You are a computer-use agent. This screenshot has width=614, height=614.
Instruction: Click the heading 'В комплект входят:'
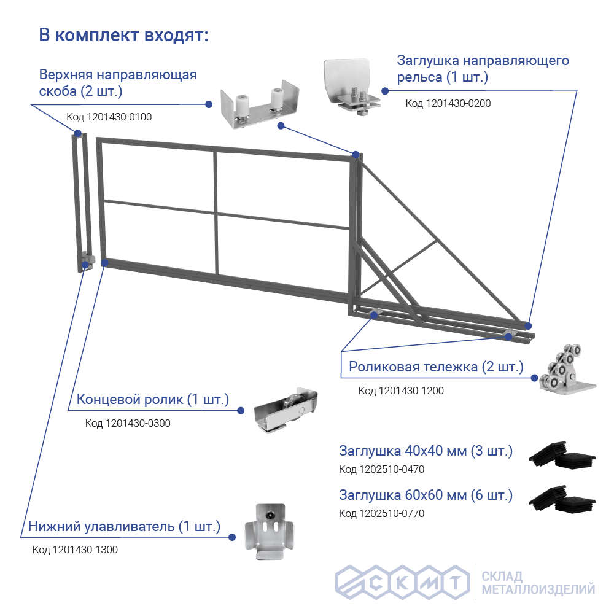[x=123, y=35]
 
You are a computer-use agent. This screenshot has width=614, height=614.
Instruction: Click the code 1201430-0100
[x=108, y=117]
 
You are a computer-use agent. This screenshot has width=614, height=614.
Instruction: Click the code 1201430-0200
[x=448, y=103]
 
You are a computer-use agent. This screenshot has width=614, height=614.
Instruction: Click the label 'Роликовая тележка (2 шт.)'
[x=436, y=367]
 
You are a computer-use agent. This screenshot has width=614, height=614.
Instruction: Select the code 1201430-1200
[x=401, y=391]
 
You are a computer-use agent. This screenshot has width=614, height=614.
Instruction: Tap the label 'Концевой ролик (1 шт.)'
[x=152, y=400]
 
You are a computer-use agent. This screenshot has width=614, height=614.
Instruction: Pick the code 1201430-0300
[x=128, y=423]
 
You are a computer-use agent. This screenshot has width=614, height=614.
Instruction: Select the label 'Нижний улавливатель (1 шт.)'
[x=124, y=526]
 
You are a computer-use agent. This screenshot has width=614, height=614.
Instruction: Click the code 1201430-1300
[x=75, y=550]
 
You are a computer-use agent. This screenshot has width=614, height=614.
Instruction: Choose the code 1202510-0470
[x=381, y=470]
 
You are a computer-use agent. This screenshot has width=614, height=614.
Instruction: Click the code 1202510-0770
[x=381, y=513]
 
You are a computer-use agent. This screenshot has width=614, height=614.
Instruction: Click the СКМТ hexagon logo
[x=402, y=582]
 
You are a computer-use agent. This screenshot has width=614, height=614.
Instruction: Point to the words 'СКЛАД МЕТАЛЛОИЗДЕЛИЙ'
[x=538, y=583]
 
